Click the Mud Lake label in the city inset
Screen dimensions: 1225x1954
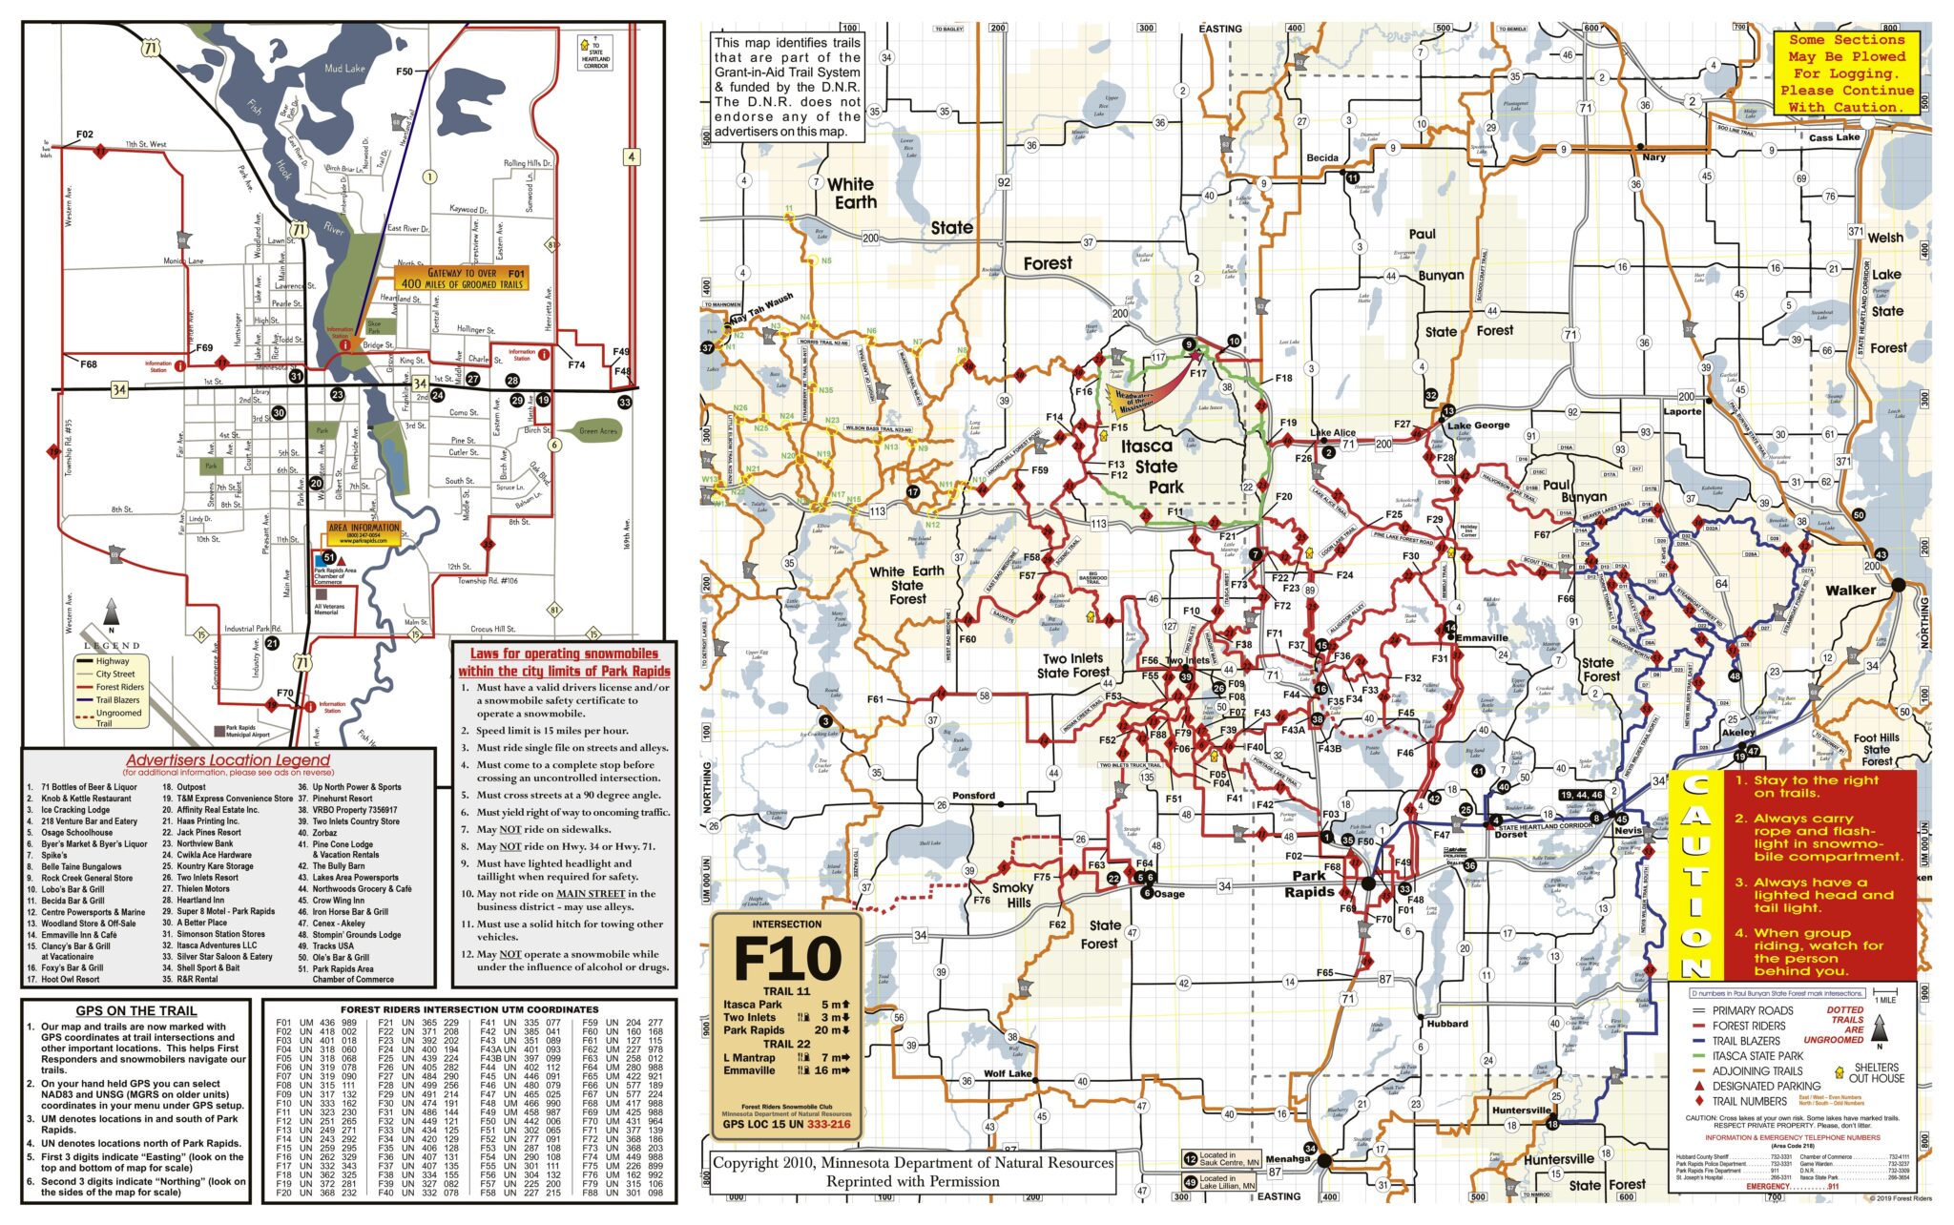tap(344, 69)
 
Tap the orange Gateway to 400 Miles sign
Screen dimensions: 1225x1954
tap(462, 279)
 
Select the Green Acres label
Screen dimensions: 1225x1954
tap(598, 431)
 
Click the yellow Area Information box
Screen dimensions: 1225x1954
tap(364, 533)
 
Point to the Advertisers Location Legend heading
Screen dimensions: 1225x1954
tap(228, 760)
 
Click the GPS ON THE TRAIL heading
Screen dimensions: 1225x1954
tap(136, 1010)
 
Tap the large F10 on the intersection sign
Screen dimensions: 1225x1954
tap(787, 959)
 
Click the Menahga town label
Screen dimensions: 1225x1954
tap(1287, 1159)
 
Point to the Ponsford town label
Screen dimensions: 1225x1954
tap(973, 796)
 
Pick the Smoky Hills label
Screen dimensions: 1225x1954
tap(1011, 895)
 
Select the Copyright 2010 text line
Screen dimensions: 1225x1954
tap(913, 1163)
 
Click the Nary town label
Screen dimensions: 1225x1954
tap(1653, 157)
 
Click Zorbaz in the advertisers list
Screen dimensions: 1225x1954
tap(324, 833)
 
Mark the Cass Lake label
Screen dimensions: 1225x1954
tap(1834, 137)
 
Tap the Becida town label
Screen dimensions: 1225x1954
tap(1322, 158)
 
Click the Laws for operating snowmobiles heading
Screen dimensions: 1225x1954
tap(564, 654)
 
